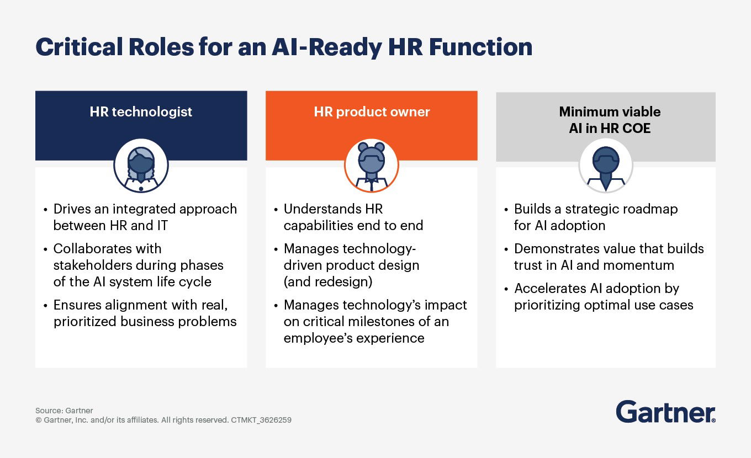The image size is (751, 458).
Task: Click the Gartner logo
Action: tap(665, 412)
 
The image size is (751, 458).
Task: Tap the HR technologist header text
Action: tap(141, 111)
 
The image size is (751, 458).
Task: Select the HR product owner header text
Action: tap(372, 111)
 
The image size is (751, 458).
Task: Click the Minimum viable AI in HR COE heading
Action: tap(610, 120)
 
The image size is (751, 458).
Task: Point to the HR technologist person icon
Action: tap(141, 165)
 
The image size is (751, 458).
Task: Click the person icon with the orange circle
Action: tap(371, 165)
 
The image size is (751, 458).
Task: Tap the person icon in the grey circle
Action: tap(605, 165)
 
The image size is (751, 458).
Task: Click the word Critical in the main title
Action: tap(77, 47)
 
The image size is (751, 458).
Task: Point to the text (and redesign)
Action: tap(328, 281)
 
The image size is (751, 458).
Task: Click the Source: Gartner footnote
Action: tap(64, 411)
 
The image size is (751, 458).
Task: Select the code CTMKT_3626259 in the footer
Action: tap(261, 420)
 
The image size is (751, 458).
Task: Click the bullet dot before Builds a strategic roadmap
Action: tap(506, 210)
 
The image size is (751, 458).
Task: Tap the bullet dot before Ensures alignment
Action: tap(45, 306)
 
